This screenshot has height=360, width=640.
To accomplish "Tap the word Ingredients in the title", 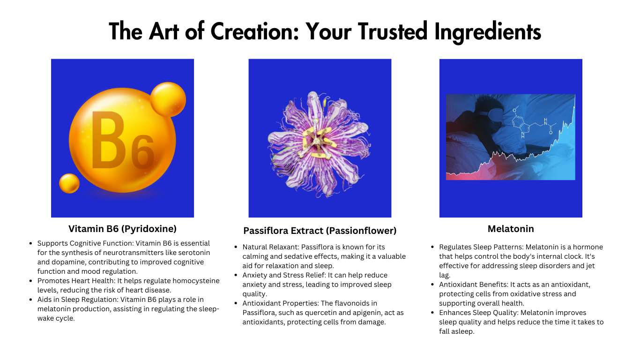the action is coord(488,32).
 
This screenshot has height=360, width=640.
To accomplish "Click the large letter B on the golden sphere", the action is coord(108,140).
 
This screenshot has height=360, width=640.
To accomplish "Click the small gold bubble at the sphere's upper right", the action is coord(168,99).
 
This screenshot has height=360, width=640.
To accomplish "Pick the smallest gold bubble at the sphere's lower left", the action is coord(69,183).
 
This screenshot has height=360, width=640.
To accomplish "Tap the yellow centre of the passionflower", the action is coord(317,142).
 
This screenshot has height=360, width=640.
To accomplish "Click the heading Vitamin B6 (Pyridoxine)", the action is coord(122,229).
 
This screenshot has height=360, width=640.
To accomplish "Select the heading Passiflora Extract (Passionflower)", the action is coord(320,231).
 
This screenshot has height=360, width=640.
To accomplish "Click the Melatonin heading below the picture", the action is coord(511,229).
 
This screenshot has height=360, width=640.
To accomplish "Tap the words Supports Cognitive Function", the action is coord(85,243).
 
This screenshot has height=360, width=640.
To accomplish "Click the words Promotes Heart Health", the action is coord(75,281).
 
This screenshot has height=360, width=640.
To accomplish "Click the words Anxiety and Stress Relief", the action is coord(284,275).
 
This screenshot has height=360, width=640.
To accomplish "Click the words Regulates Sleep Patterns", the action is coord(481,247).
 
